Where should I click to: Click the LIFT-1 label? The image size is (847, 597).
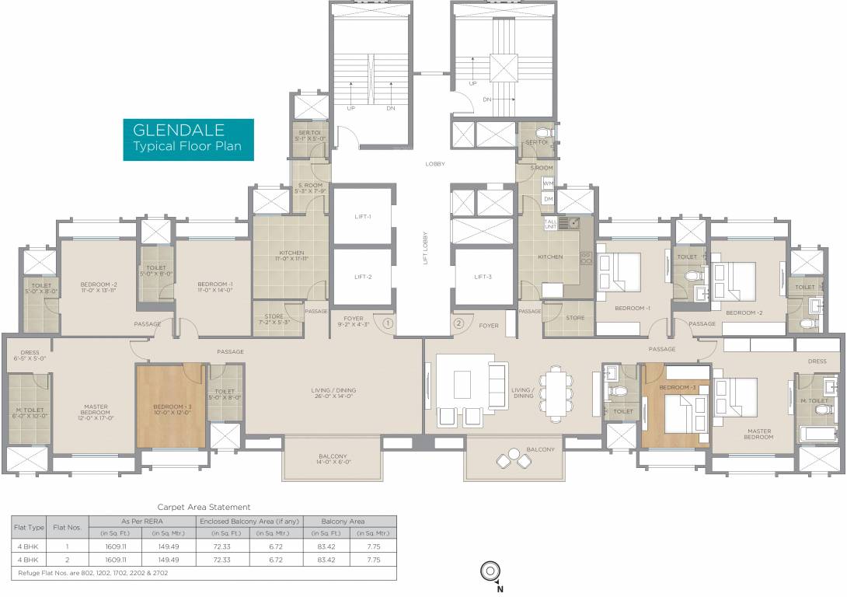tap(363, 217)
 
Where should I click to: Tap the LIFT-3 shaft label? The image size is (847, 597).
tap(483, 277)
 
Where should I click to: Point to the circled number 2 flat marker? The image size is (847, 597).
tap(458, 322)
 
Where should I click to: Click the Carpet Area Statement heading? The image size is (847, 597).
tap(204, 507)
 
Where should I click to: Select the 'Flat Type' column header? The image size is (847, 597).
tap(28, 526)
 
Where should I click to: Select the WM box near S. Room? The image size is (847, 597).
tap(548, 183)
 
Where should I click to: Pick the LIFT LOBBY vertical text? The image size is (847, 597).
tap(425, 249)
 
